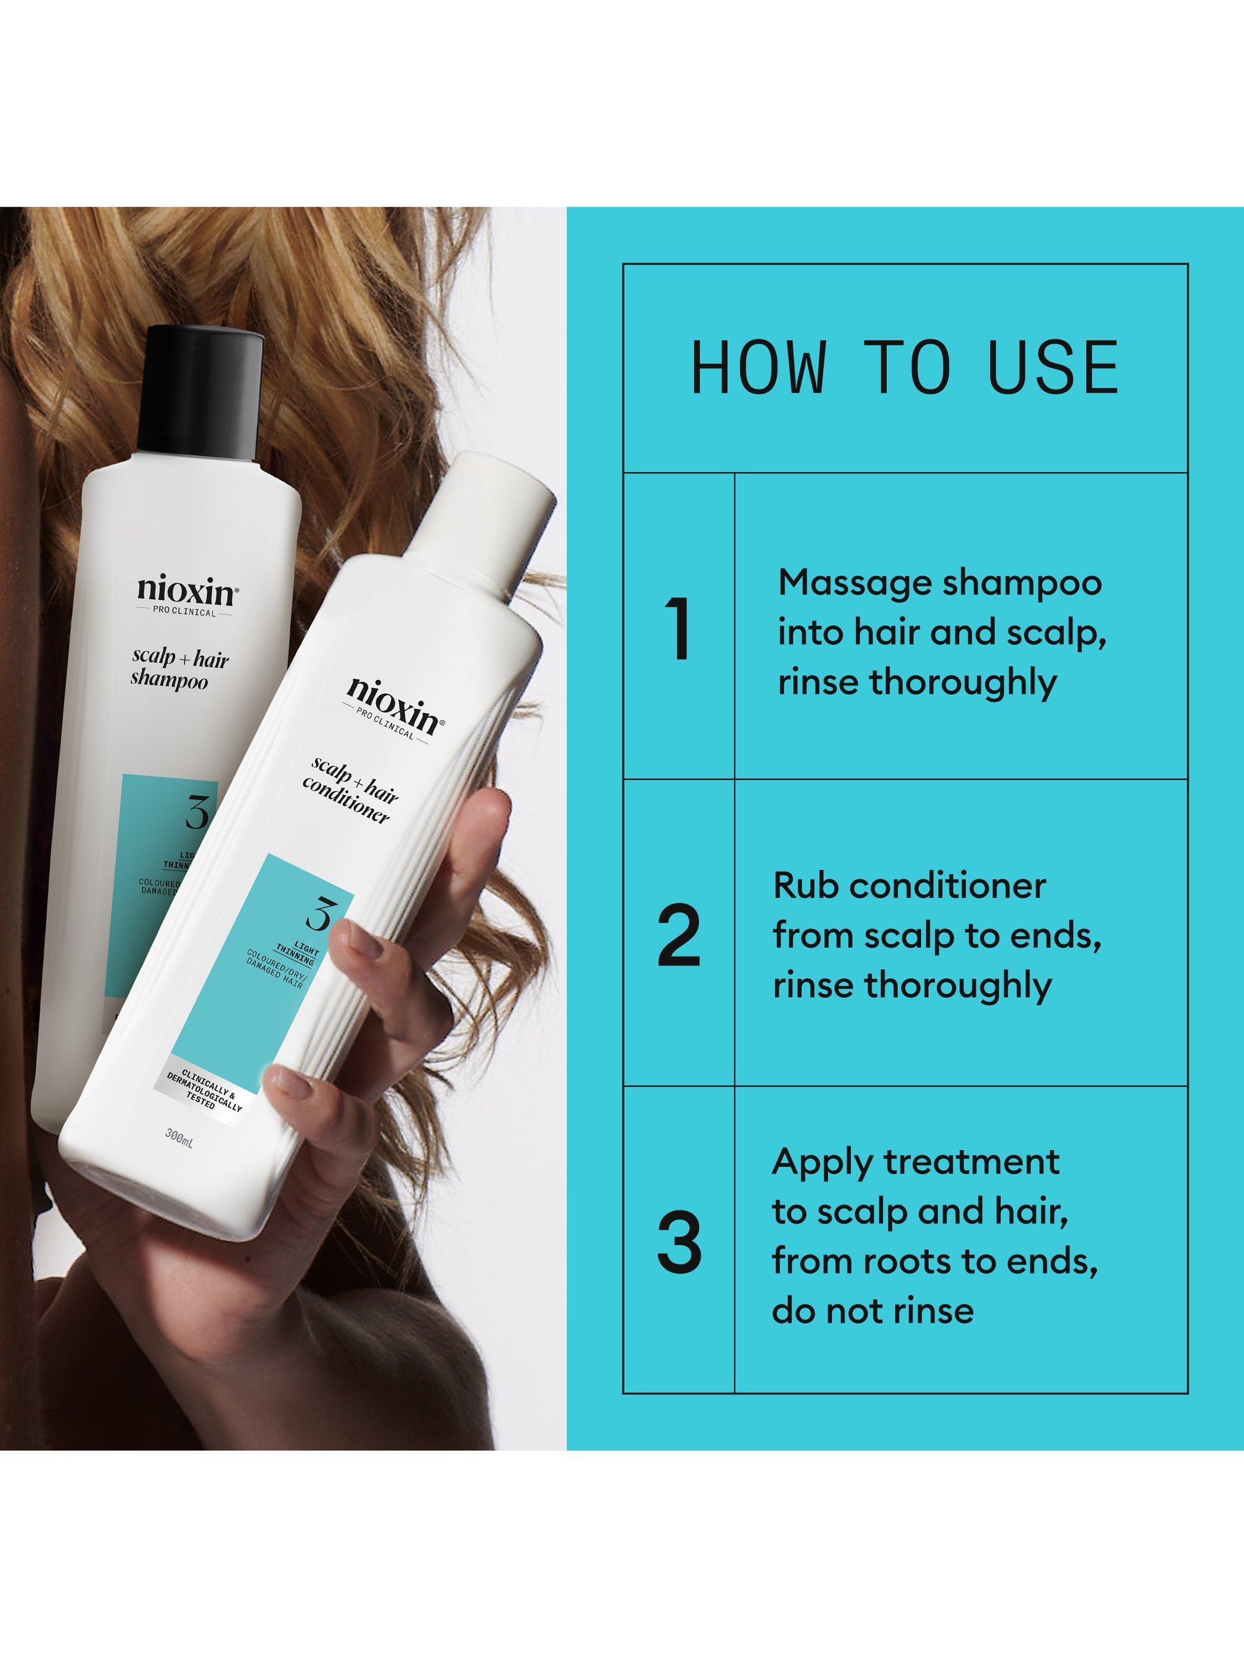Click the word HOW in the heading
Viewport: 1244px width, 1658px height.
point(758,368)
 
